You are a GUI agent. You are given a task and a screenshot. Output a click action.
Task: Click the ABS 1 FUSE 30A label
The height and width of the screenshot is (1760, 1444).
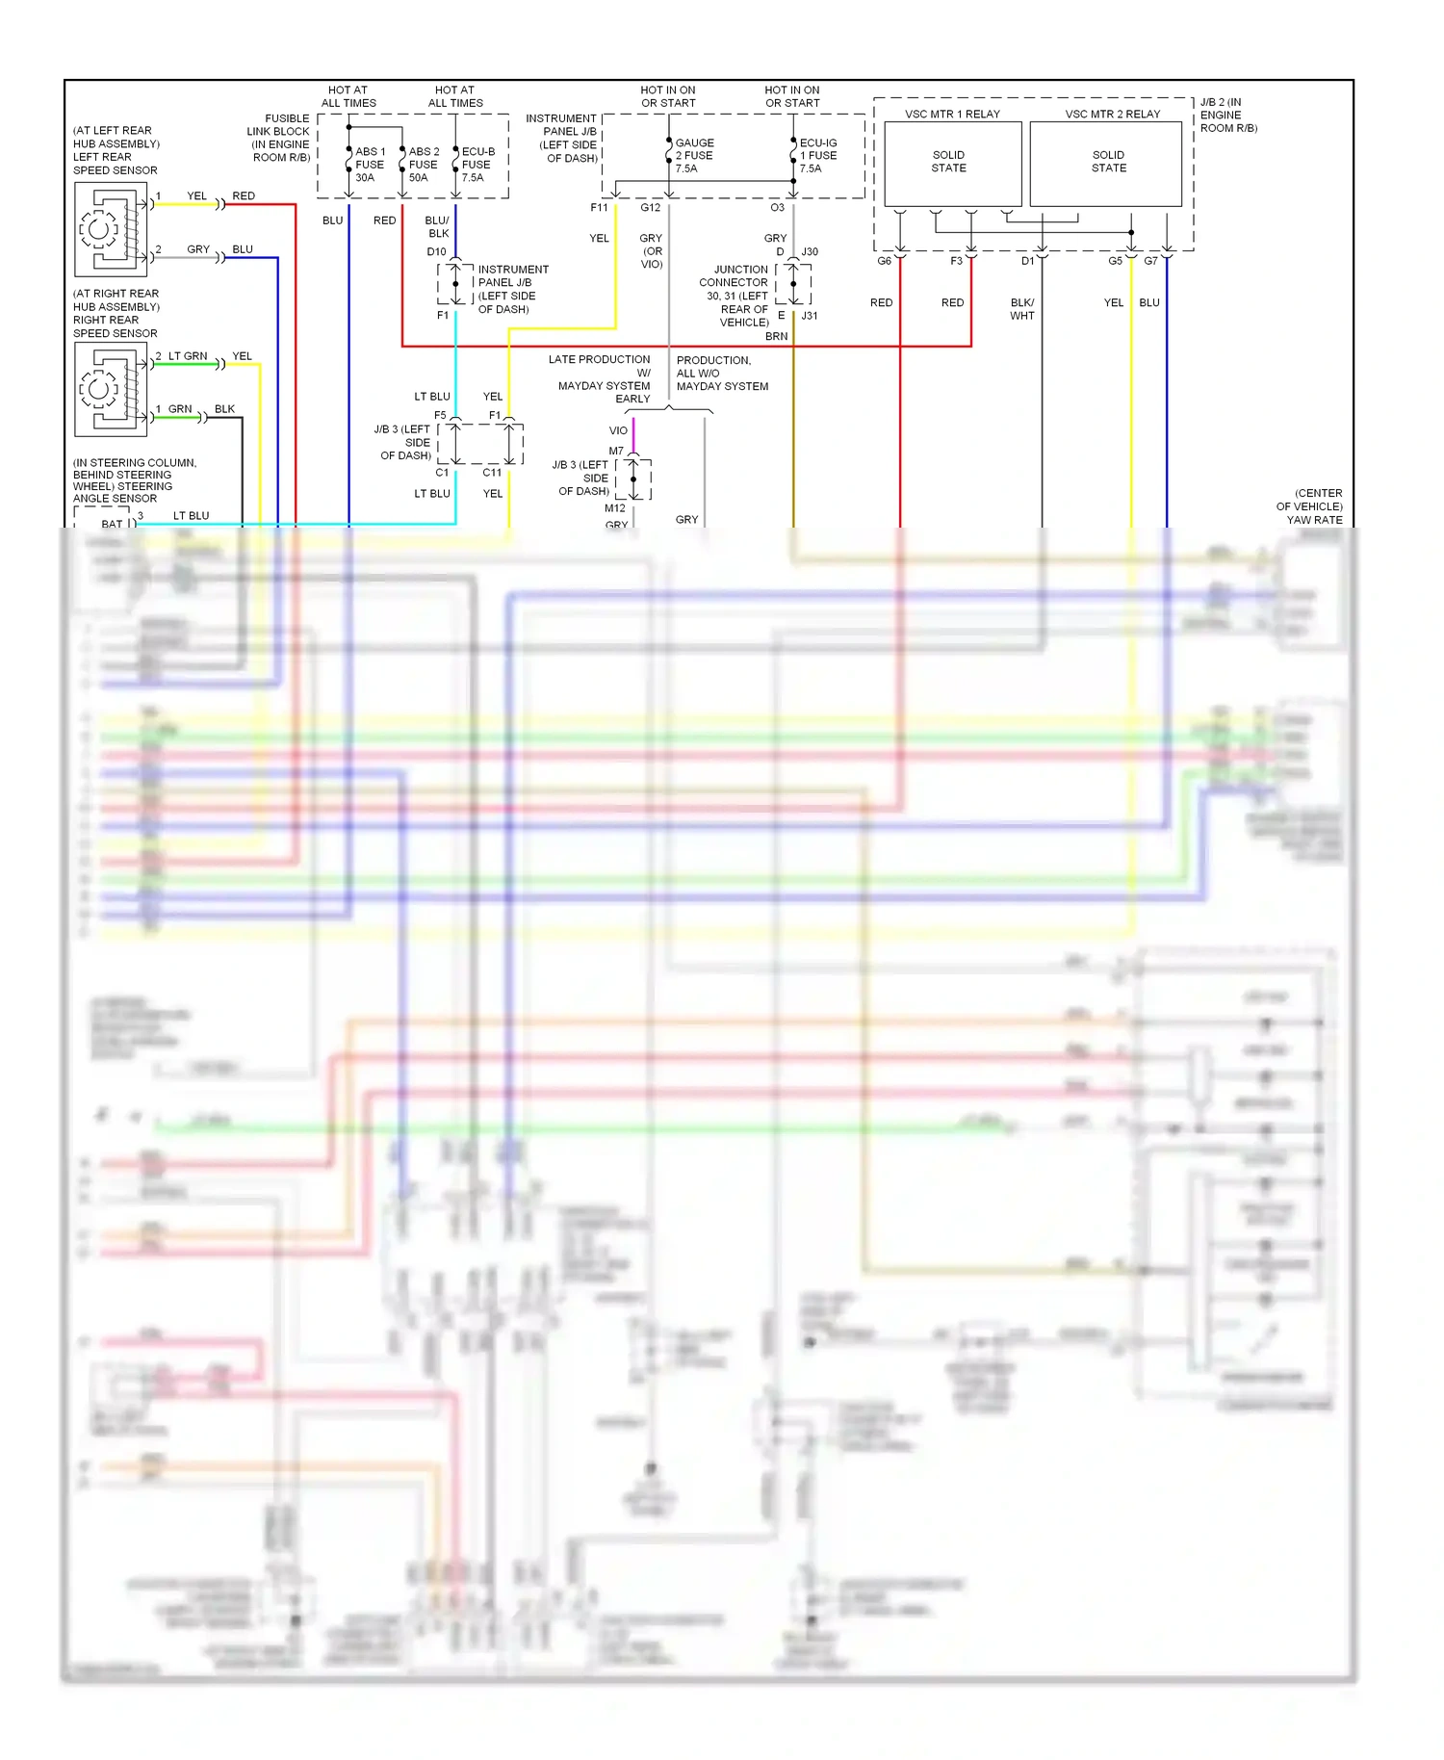click(x=369, y=165)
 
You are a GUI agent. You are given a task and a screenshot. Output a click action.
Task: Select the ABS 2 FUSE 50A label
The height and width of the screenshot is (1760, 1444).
click(x=423, y=165)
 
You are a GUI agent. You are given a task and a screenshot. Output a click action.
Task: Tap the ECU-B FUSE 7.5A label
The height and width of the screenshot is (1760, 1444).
click(x=477, y=165)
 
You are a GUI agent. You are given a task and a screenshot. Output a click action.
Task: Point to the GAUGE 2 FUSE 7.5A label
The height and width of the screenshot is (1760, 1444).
click(x=693, y=155)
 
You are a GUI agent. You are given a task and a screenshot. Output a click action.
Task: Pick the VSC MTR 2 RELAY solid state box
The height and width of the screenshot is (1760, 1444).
click(x=1106, y=162)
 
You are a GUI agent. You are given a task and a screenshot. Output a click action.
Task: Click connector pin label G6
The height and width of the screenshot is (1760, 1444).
click(x=884, y=261)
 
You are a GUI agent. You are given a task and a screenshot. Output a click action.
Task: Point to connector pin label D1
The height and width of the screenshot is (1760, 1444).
click(x=1027, y=261)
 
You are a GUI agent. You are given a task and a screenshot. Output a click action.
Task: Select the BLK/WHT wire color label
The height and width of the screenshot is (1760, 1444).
click(x=1021, y=309)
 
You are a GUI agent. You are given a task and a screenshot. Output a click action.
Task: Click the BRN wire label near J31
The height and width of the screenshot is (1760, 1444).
click(x=776, y=336)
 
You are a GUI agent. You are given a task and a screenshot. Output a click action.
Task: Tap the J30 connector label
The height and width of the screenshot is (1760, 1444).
click(x=810, y=252)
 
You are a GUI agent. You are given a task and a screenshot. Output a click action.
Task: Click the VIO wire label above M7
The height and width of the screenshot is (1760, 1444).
click(x=618, y=430)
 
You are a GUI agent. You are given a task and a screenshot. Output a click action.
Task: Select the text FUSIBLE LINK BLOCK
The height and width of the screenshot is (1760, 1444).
click(x=279, y=125)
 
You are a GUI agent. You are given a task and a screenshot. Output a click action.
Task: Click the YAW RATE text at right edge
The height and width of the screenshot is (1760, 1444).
click(x=1314, y=520)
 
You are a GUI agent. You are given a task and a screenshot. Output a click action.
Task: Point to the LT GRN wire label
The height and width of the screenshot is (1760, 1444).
click(x=188, y=356)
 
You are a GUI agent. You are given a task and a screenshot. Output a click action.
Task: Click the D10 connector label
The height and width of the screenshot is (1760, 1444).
click(x=436, y=252)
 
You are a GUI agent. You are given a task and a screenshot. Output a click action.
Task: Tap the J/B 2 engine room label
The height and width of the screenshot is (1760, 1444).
click(x=1227, y=115)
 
